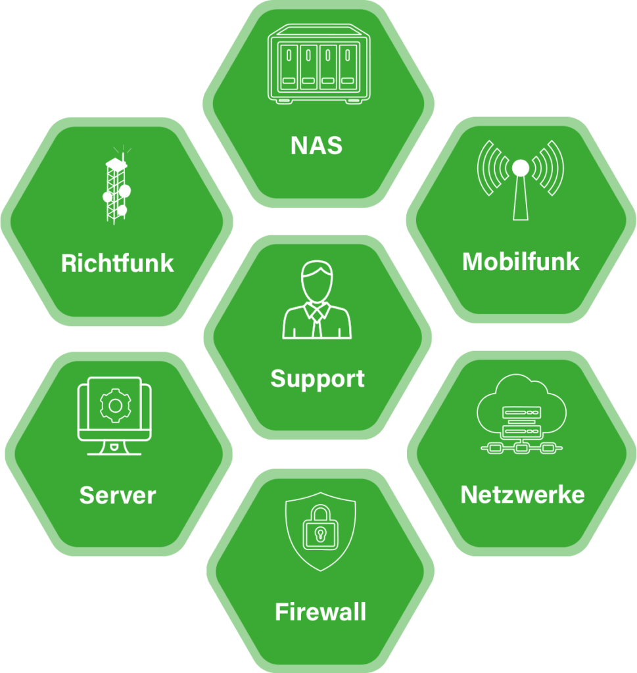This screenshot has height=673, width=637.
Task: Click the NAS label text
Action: pos(317,145)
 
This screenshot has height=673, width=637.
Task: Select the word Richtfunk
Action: pos(117,263)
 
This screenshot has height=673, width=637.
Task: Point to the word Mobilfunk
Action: pos(521,262)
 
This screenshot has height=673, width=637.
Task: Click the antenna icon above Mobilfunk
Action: pos(520,179)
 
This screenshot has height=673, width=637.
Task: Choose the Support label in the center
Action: pos(318,379)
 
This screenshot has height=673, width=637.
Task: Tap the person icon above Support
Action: pos(318,300)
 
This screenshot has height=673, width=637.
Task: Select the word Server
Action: pos(118,496)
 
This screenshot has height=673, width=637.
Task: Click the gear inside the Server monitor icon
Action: pos(115,406)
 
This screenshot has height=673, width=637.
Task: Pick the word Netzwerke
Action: pos(523,494)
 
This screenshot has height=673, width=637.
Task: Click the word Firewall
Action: pos(320,613)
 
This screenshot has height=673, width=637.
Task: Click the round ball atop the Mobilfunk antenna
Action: pos(520,168)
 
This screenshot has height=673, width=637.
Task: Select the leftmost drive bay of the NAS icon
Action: pos(289,66)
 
